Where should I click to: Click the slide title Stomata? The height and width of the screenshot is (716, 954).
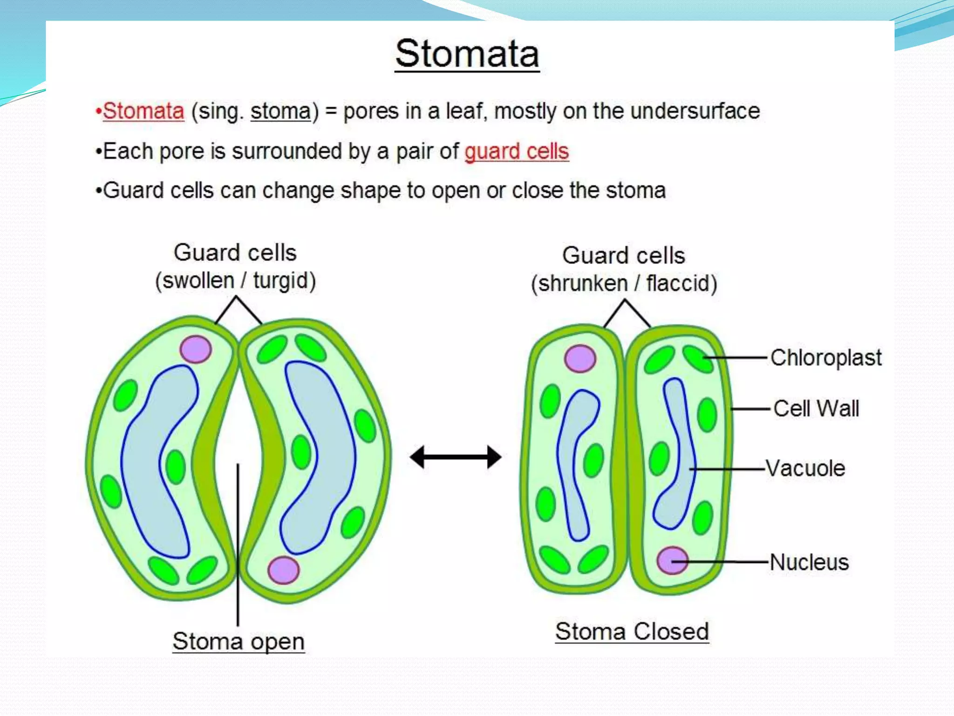(467, 54)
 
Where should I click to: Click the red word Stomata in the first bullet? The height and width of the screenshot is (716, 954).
(143, 111)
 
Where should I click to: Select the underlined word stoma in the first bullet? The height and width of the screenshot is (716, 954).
(280, 111)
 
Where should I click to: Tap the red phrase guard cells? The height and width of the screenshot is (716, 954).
(517, 151)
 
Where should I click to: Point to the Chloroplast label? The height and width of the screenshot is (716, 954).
(825, 358)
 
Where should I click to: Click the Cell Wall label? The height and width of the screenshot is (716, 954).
(816, 409)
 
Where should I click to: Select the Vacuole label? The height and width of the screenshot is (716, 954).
(805, 468)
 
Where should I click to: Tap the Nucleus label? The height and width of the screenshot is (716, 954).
(809, 562)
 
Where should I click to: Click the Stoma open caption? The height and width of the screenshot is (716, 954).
(238, 641)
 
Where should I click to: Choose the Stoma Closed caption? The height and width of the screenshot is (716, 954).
(632, 632)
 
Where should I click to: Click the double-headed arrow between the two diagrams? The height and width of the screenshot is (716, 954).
(456, 457)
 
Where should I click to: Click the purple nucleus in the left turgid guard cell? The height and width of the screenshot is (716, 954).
(196, 349)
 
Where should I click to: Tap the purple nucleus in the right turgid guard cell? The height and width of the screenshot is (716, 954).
(283, 570)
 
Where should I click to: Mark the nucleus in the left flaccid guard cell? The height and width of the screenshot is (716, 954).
(580, 358)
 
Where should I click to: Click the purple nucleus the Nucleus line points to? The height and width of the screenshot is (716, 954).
(672, 560)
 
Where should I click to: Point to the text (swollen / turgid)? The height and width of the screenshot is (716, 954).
(236, 281)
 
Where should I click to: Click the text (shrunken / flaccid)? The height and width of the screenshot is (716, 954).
(624, 283)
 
